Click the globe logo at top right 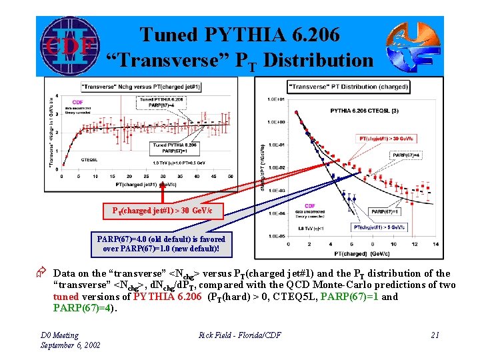coord(413,46)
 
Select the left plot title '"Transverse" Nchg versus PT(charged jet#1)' coord(158,87)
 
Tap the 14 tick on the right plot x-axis coord(435,244)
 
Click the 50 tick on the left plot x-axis coord(229,177)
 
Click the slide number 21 coord(435,335)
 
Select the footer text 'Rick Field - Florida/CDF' coord(239,335)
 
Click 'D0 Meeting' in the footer coord(59,335)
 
